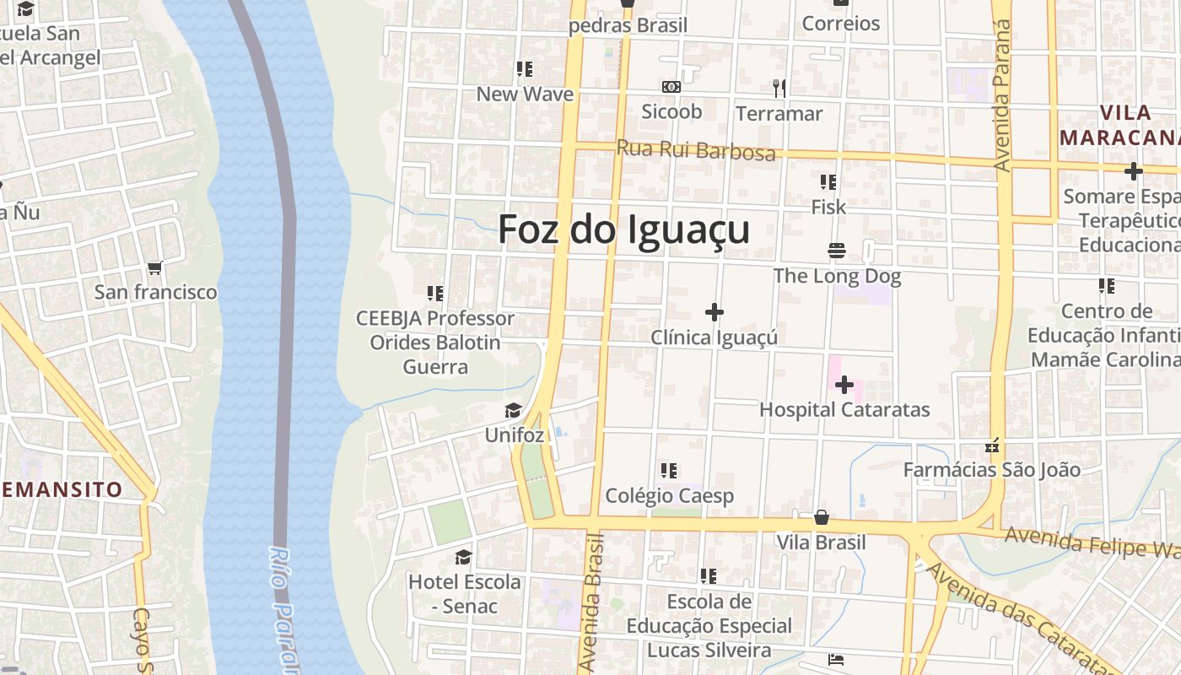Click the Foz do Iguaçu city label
coord(623,229)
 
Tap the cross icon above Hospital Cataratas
coord(844,385)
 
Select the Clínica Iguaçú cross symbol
coord(715,312)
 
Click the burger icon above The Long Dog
coord(837,251)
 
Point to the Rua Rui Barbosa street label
coord(696,150)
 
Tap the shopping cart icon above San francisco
coord(154,268)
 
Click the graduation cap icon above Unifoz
coord(513,411)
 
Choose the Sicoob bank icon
coord(671,87)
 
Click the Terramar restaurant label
coord(779,113)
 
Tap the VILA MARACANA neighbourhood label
coord(1119,125)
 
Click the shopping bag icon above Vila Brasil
coord(822,517)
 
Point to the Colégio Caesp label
coord(670,496)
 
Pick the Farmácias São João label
coord(991,470)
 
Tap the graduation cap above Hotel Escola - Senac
coord(463,557)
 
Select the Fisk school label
coord(828,207)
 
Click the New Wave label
coord(525,94)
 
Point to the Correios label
coord(841,24)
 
